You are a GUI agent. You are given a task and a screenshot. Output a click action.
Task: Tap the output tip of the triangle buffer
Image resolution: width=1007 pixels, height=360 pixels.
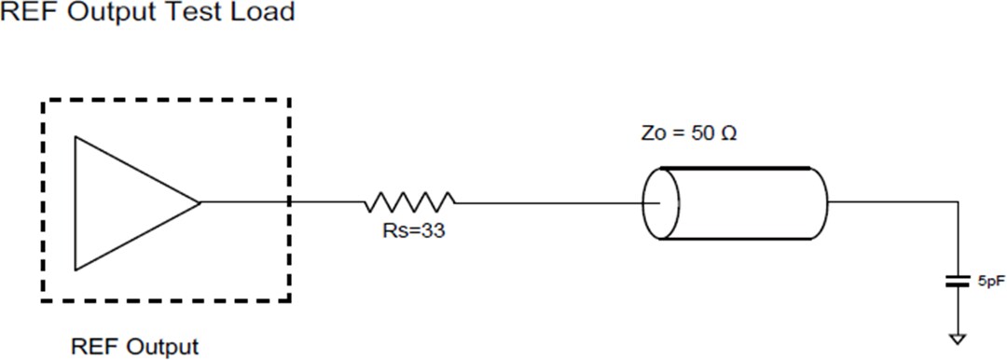[200, 201]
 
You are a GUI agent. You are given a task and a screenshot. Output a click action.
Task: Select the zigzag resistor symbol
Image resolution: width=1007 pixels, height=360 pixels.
[410, 201]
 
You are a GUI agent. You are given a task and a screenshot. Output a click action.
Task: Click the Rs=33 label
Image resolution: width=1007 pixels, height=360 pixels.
[407, 230]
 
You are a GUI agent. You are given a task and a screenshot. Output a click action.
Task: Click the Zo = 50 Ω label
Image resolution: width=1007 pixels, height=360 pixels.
[690, 132]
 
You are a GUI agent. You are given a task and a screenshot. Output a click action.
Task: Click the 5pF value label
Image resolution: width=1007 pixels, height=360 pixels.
[989, 280]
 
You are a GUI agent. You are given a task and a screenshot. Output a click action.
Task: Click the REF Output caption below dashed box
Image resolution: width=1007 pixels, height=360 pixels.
[135, 347]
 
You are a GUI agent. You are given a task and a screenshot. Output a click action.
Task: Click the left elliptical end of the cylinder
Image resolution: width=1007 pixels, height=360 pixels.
[661, 202]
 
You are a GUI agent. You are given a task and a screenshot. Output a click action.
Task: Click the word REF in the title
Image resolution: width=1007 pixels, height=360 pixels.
[24, 12]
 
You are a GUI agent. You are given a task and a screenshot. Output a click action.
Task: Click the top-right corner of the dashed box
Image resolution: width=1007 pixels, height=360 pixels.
[290, 100]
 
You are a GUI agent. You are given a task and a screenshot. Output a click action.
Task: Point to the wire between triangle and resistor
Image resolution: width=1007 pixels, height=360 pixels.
[280, 201]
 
